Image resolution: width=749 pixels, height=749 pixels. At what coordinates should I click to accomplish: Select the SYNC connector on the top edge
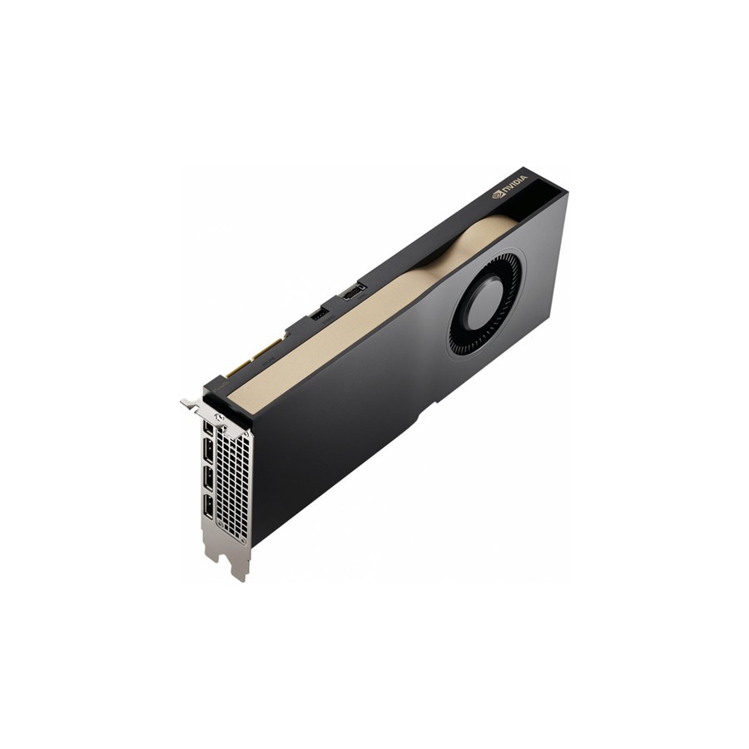(x=353, y=290)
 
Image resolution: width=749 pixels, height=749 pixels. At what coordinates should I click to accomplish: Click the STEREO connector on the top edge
(x=319, y=314)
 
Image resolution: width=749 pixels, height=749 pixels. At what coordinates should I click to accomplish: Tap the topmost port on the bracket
(x=206, y=428)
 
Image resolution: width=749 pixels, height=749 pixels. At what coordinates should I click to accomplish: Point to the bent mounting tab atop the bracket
(x=193, y=404)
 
